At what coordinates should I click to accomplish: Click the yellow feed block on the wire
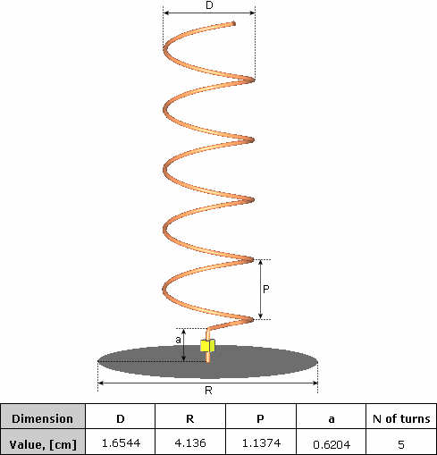click(x=207, y=346)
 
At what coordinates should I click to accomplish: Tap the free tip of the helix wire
click(x=234, y=23)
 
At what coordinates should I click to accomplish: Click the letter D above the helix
click(x=209, y=5)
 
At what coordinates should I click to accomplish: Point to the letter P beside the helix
click(x=266, y=289)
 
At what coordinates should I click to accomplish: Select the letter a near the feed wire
click(x=178, y=340)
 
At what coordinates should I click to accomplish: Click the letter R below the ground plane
click(x=208, y=390)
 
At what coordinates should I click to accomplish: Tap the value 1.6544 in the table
click(x=121, y=443)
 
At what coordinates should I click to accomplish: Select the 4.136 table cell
click(x=190, y=443)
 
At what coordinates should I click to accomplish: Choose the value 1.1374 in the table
click(x=261, y=443)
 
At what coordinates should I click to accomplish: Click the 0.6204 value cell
click(x=332, y=444)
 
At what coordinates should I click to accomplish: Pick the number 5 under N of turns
click(x=401, y=444)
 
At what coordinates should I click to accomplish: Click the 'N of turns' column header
click(x=401, y=418)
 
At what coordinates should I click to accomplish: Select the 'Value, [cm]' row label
click(x=43, y=444)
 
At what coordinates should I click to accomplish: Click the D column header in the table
click(x=121, y=419)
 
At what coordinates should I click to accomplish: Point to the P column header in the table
click(x=260, y=419)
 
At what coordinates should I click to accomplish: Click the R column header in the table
click(x=190, y=419)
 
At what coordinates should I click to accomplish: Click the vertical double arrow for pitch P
click(x=261, y=290)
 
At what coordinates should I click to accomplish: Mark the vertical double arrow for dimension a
click(x=184, y=345)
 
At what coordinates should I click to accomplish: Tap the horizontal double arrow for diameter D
click(x=209, y=13)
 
